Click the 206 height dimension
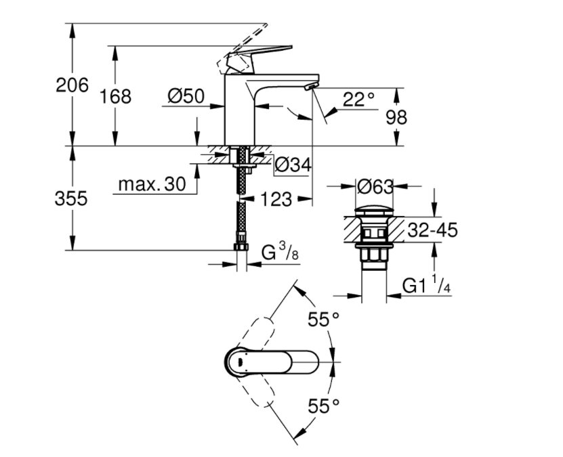(x=72, y=85)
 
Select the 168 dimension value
(x=115, y=96)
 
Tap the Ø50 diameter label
(x=186, y=97)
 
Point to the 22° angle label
(x=358, y=100)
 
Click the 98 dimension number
(x=396, y=116)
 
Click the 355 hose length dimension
(x=72, y=198)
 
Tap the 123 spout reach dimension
(x=276, y=199)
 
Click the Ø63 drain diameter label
(x=374, y=184)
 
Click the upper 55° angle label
(x=323, y=319)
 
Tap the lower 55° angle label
(x=323, y=406)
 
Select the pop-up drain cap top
(x=374, y=208)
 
